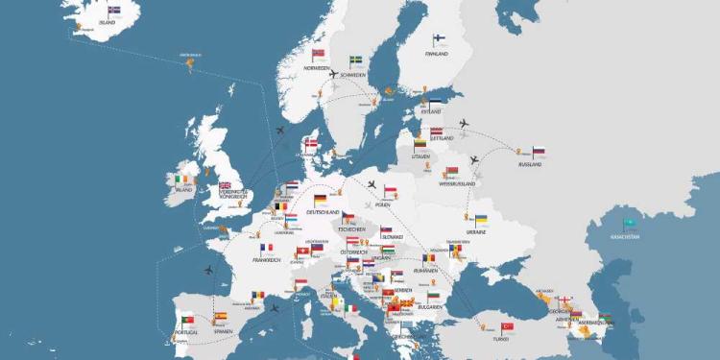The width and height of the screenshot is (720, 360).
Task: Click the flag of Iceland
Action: pyautogui.click(x=114, y=11)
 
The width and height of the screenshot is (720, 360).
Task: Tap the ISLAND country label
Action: pyautogui.click(x=108, y=22)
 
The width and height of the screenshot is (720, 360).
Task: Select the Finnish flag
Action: pyautogui.click(x=439, y=40)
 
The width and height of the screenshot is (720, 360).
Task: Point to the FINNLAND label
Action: pyautogui.click(x=437, y=54)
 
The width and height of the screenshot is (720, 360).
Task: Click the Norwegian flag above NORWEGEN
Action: pyautogui.click(x=319, y=56)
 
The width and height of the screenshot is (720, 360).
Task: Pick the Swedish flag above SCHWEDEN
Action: pyautogui.click(x=355, y=61)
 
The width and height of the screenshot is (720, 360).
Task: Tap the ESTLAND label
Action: pyautogui.click(x=431, y=111)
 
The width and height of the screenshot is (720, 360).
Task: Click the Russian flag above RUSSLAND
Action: pyautogui.click(x=539, y=152)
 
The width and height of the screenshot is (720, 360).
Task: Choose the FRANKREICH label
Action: pyautogui.click(x=267, y=259)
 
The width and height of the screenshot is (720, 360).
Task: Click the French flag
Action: pyautogui.click(x=266, y=248)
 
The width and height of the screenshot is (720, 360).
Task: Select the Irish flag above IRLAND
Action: pyautogui.click(x=183, y=179)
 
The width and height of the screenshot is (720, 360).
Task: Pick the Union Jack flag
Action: pyautogui.click(x=226, y=186)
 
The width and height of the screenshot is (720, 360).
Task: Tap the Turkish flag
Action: pyautogui.click(x=508, y=327)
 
